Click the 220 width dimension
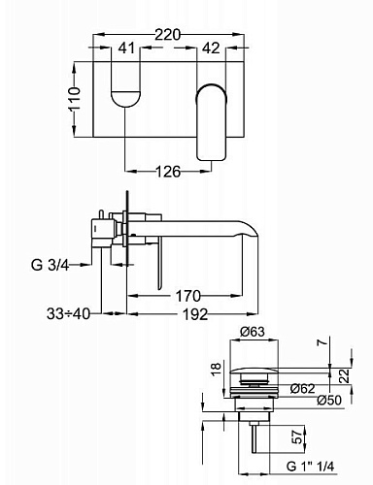(x=167, y=35)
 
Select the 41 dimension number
(x=126, y=48)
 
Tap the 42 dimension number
(x=211, y=48)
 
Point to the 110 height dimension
(x=75, y=99)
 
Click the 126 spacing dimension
(x=168, y=172)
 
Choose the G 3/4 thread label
(x=51, y=265)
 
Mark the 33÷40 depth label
(x=68, y=313)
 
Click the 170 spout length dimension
(x=188, y=296)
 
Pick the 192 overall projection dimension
(x=195, y=314)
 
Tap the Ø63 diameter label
(x=253, y=332)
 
